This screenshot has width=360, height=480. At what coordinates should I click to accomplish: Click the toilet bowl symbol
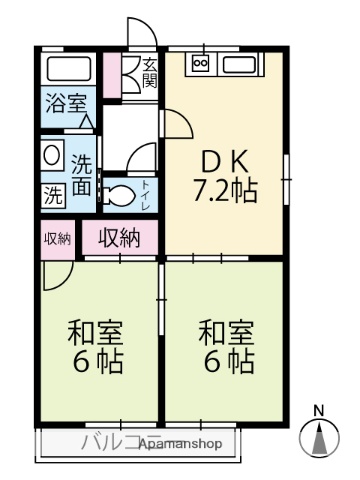point(119,192)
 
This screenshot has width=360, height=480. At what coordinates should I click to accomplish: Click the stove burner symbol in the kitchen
point(199,64)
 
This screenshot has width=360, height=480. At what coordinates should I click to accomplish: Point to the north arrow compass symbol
point(319,438)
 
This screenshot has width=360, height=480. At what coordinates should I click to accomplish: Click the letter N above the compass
point(319,410)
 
